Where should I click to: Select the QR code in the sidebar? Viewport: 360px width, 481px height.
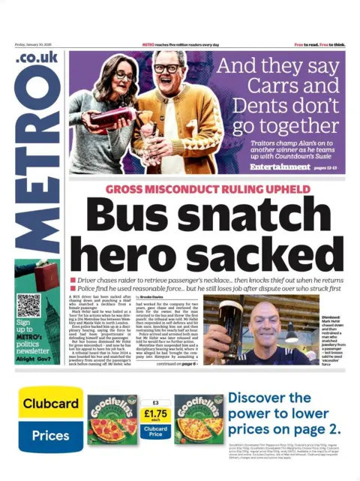coord(28,306)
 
